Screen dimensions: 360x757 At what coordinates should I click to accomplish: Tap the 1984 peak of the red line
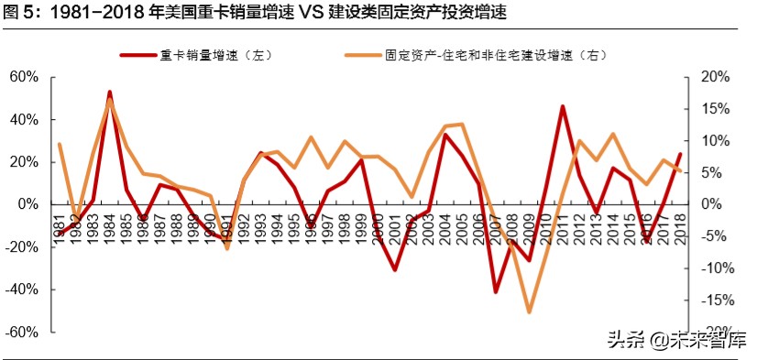point(110,93)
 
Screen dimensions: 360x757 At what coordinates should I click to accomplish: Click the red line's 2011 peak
point(562,106)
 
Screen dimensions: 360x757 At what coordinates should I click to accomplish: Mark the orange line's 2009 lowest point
point(529,312)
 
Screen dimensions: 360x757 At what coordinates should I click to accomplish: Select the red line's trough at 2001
point(395,269)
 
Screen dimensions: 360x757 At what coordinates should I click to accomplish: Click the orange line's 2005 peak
point(462,124)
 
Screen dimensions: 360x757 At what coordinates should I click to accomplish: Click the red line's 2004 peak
point(445,135)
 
